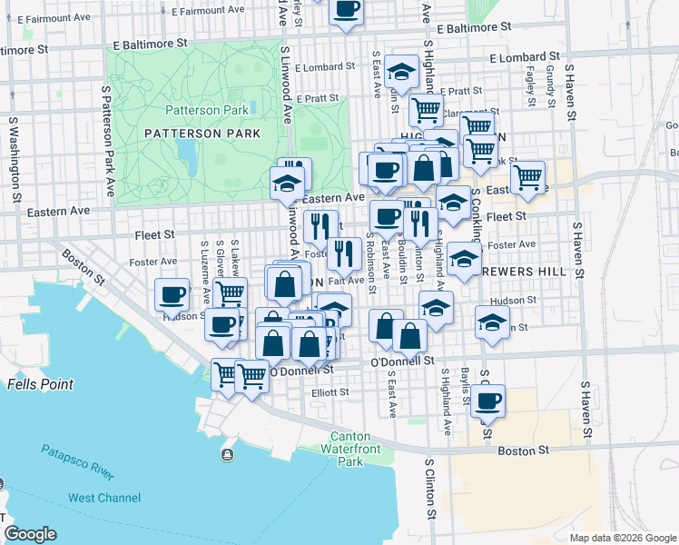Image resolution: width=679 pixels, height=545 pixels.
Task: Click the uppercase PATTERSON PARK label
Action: point(202,134)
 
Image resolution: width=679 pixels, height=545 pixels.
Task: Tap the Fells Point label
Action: point(40,384)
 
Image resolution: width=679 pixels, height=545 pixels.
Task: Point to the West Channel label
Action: point(104,498)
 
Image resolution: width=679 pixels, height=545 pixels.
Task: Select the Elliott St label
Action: point(330,393)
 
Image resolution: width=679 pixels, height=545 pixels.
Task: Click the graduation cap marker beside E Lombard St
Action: point(399,70)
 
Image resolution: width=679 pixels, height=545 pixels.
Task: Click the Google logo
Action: point(30,534)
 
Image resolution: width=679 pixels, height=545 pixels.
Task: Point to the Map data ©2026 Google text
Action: point(622,538)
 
